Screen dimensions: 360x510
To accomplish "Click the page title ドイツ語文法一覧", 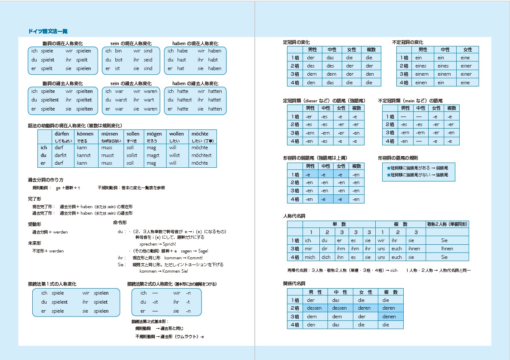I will point(47,31).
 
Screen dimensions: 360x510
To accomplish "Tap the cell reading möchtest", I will point(201,155).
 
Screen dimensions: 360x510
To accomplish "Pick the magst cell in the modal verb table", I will point(153,155).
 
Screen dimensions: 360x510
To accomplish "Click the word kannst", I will point(84,155).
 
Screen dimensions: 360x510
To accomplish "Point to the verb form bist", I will point(118,60).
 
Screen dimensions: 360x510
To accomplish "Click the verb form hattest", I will point(184,100).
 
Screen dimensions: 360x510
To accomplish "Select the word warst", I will point(121,100).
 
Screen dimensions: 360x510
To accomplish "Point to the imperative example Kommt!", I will point(193,258).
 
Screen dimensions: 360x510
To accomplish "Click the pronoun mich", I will point(309,257).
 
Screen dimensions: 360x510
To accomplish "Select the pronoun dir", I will point(324,249).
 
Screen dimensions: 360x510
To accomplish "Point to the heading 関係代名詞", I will point(294,283).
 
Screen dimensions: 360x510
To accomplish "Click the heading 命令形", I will point(120,222).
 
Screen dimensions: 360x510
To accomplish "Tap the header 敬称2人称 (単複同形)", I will point(447,224).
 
